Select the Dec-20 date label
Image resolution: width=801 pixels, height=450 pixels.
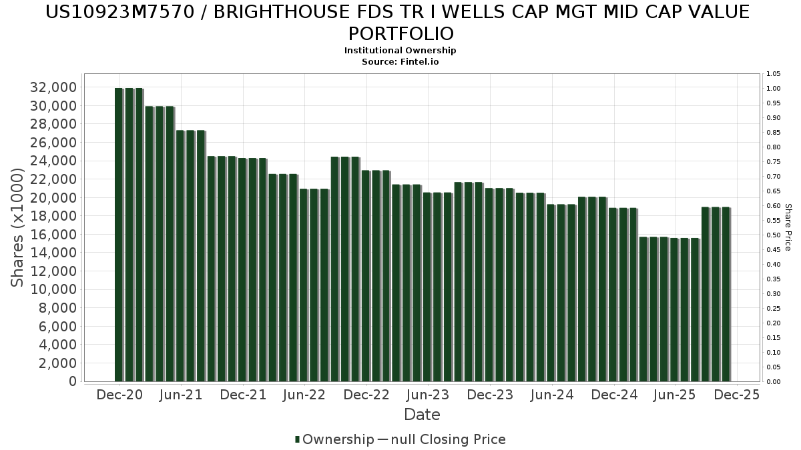pos(119,395)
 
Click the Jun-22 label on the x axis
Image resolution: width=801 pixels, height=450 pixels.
pos(304,395)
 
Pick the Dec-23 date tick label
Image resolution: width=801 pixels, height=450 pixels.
pos(490,395)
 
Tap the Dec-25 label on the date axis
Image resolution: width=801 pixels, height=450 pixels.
pos(737,395)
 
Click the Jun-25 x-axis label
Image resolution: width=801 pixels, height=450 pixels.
pos(675,395)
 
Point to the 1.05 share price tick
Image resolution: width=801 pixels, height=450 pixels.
pos(774,74)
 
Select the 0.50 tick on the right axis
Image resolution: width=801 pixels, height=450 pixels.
pos(774,235)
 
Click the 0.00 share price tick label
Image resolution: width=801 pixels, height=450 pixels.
pos(774,382)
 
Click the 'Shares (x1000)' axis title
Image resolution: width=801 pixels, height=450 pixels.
pos(18,227)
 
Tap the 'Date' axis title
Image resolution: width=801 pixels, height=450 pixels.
pos(422,415)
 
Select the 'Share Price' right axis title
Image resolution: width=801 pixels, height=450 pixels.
pos(788,227)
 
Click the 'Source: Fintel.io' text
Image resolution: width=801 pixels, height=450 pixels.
pos(400,61)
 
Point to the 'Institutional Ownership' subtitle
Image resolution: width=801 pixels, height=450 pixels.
pos(400,51)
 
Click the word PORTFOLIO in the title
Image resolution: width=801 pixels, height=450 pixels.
pos(400,33)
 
